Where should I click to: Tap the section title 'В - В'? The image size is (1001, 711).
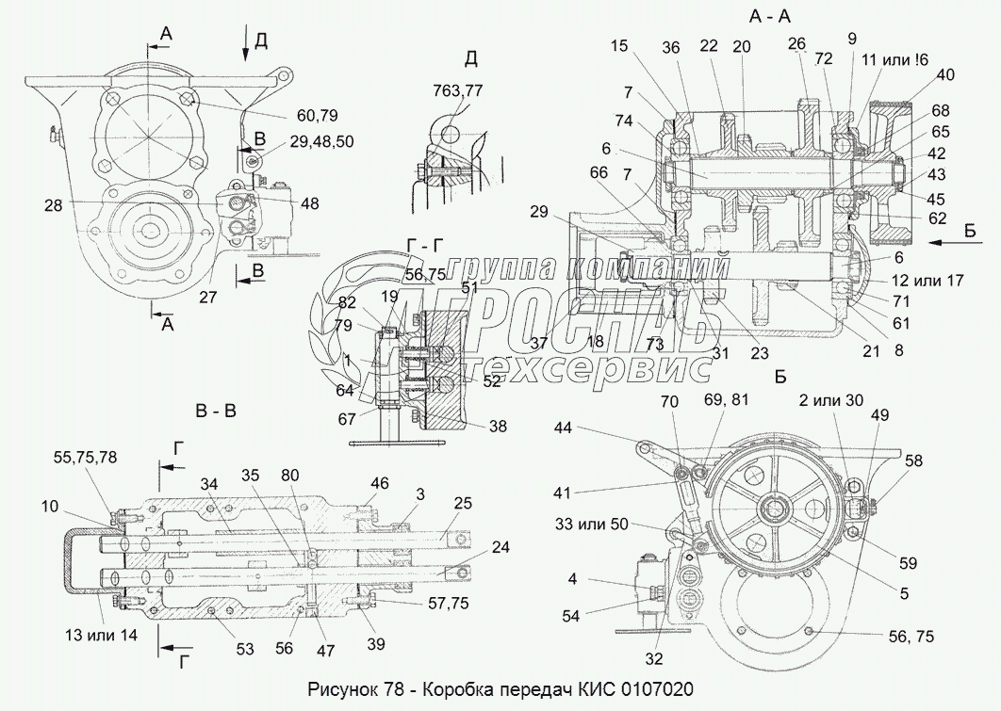[x=214, y=412]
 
